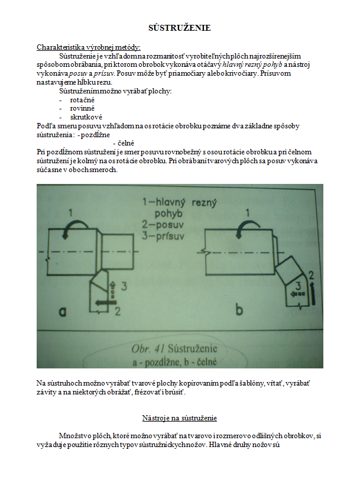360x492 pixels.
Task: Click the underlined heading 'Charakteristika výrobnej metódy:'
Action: (89, 47)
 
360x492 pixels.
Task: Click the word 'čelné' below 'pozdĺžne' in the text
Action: (126, 143)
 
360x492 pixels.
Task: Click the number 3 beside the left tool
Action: (124, 286)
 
